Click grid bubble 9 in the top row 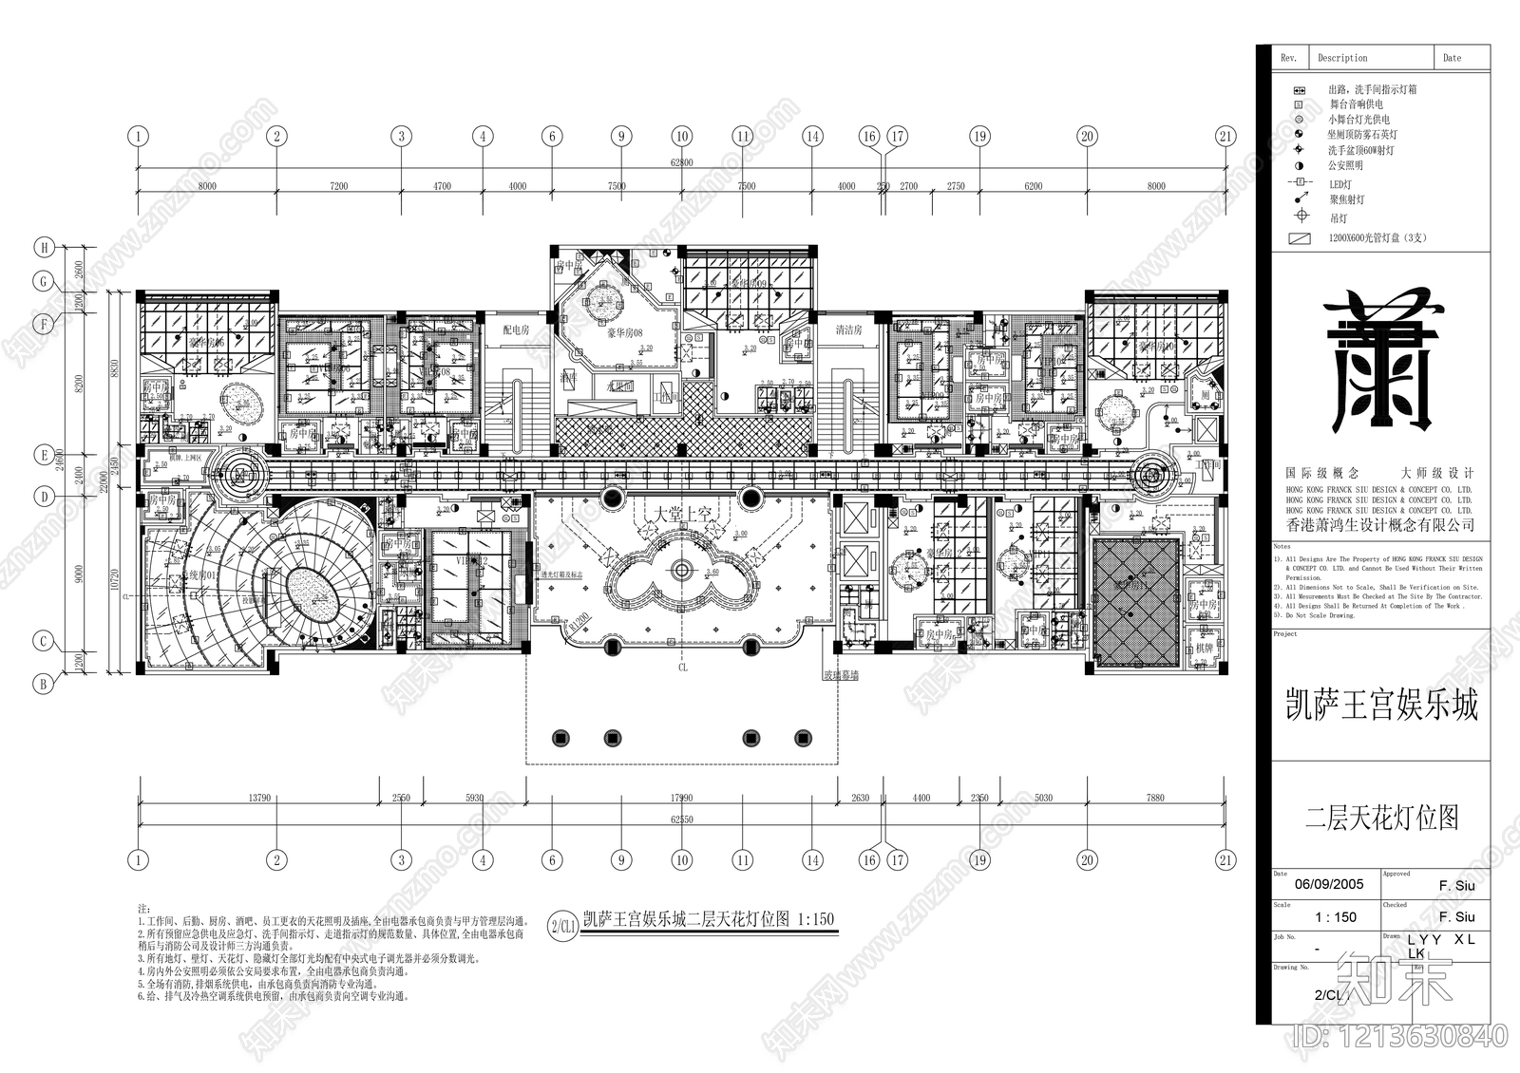coord(621,137)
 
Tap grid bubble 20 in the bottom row coord(1088,860)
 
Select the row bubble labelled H coord(44,249)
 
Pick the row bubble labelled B coord(44,683)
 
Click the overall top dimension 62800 coord(681,163)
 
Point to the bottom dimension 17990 coord(681,799)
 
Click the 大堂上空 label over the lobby coord(681,514)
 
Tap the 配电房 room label coord(516,330)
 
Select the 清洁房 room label coord(848,330)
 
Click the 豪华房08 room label coord(625,333)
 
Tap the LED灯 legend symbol coord(1298,183)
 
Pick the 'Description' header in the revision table coord(1342,58)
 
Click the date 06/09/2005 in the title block coord(1328,884)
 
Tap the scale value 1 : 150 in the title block coord(1335,917)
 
